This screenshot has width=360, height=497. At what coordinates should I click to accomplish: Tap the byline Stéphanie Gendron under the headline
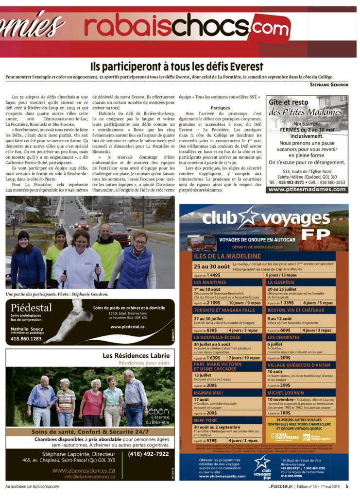(x=329, y=84)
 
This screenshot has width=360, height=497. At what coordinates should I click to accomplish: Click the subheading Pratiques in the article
(x=220, y=108)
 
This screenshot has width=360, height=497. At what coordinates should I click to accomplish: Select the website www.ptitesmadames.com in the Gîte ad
(x=307, y=189)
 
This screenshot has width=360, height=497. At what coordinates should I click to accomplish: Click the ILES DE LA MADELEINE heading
(x=227, y=256)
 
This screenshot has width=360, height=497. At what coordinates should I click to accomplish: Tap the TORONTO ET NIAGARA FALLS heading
(x=224, y=310)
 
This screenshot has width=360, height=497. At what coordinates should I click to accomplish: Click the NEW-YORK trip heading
(x=206, y=420)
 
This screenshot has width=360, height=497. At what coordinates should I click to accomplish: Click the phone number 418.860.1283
(x=26, y=339)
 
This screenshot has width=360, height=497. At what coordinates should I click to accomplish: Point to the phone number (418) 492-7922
(x=149, y=454)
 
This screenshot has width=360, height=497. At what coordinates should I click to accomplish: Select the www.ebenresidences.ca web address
(x=84, y=470)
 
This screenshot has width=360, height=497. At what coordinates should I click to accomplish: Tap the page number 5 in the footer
(x=347, y=486)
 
